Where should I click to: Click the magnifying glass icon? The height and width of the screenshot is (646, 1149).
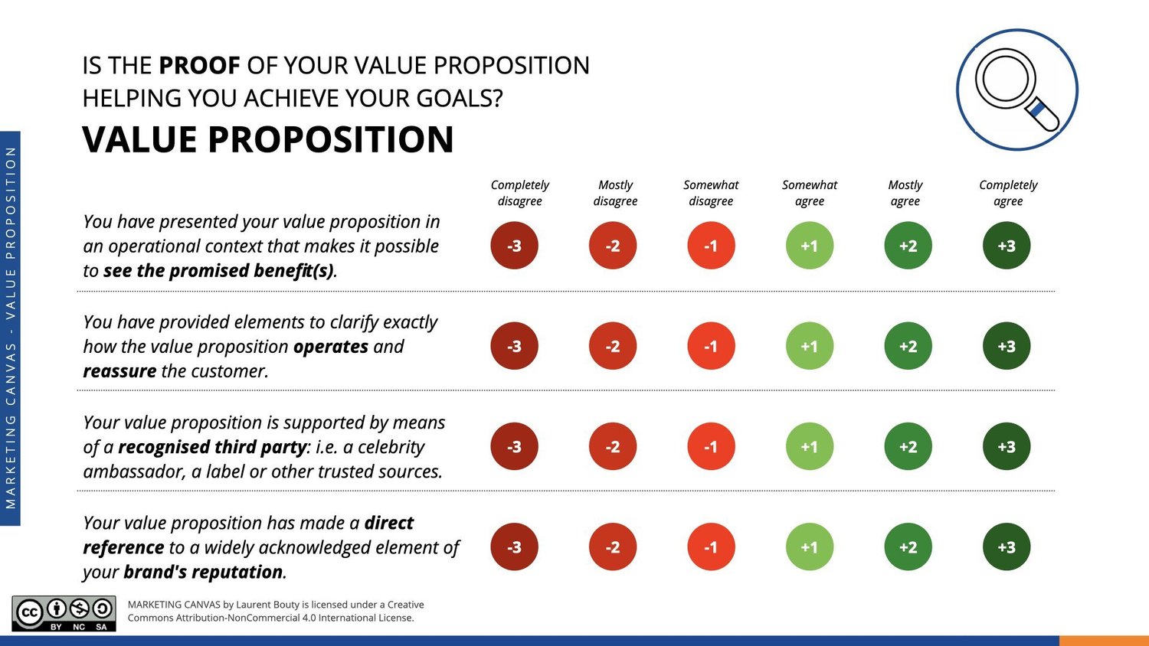[x=1016, y=90]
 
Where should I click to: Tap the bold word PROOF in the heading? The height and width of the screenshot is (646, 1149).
[x=199, y=66]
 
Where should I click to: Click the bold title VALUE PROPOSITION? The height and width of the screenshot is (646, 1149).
[x=268, y=140]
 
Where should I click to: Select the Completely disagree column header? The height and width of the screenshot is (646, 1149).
[x=519, y=193]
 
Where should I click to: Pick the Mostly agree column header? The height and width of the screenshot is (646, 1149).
[x=905, y=193]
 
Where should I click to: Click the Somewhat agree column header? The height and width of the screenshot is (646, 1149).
[x=809, y=193]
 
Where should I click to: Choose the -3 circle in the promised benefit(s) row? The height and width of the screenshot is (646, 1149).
[x=514, y=246]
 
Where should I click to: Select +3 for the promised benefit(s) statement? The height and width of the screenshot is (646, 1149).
[x=1006, y=246]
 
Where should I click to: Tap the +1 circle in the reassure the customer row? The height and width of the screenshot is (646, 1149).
[x=809, y=346]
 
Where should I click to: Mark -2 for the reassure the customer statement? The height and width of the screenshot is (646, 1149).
[x=612, y=346]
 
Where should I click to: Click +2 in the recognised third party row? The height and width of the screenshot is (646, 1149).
[x=908, y=446]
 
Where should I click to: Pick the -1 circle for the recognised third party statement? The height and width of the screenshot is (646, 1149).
[x=711, y=446]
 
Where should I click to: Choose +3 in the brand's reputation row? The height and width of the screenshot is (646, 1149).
[x=1006, y=547]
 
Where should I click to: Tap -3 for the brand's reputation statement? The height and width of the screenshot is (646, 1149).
[x=514, y=547]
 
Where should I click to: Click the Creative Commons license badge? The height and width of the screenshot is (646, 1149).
[x=64, y=614]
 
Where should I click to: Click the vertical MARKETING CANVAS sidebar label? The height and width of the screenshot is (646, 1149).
[x=11, y=329]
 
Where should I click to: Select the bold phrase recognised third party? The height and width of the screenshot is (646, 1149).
[x=212, y=447]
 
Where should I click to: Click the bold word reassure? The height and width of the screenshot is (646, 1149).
[x=119, y=371]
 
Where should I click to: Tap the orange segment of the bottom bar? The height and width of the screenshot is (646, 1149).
[x=1104, y=641]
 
